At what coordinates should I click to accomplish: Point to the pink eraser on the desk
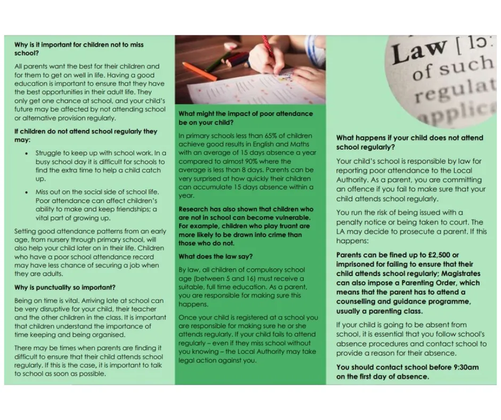pos(230,46)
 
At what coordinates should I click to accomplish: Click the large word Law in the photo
pos(419,53)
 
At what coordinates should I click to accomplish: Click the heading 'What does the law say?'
pos(215,256)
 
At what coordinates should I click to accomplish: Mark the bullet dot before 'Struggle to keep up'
pos(28,153)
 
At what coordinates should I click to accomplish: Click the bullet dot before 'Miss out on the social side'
pos(28,192)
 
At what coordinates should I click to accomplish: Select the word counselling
pos(358,301)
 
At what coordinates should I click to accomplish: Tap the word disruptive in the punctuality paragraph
pos(64,309)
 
